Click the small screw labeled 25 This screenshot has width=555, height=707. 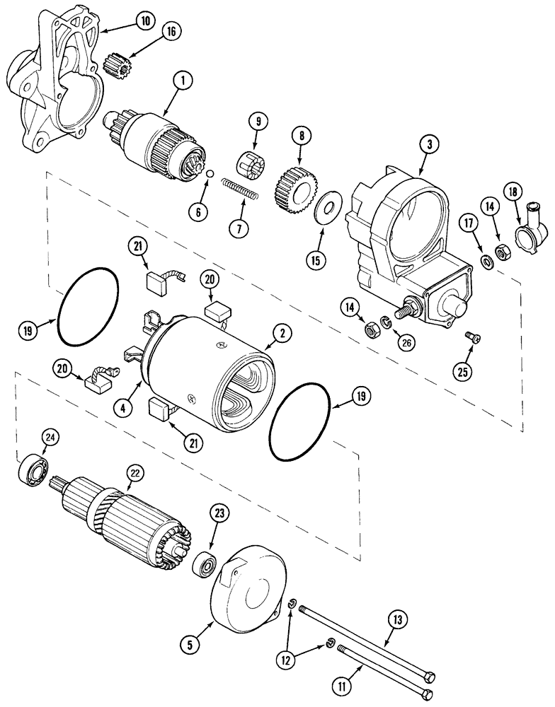pyautogui.click(x=470, y=339)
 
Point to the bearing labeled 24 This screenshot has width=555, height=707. pyautogui.click(x=31, y=467)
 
